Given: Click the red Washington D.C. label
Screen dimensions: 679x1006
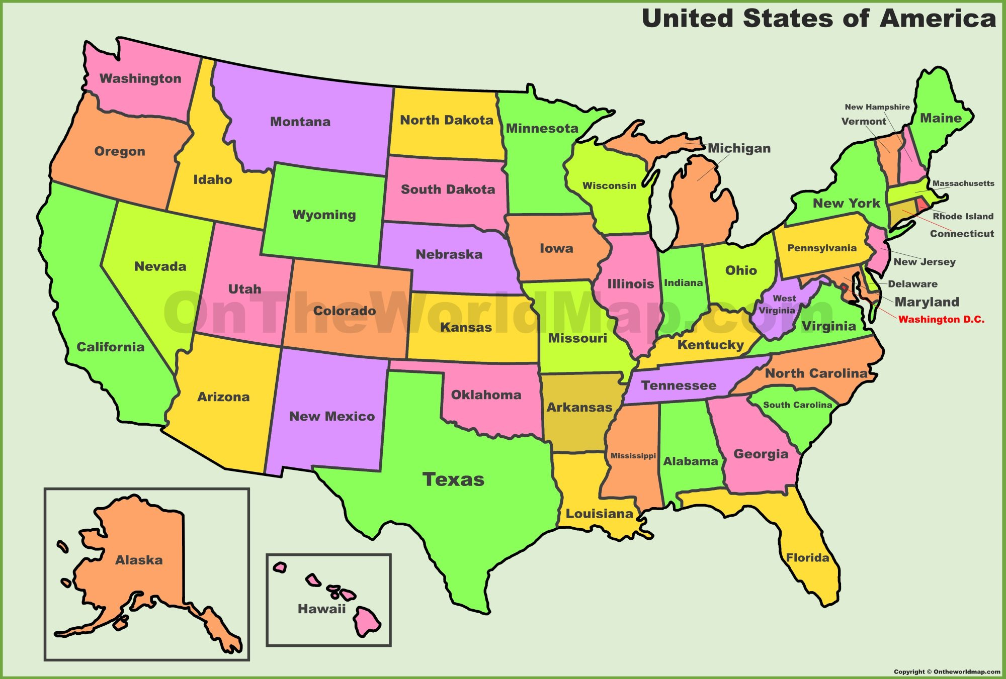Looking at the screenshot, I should pos(941,320).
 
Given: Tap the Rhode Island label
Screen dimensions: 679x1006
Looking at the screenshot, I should pos(963,217).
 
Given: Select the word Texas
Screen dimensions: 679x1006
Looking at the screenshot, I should pos(453,479).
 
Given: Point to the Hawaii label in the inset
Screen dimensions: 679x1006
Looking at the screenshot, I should pos(321,609).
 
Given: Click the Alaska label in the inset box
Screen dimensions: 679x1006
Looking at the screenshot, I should pos(139,560).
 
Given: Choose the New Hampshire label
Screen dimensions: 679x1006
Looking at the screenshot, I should pos(877,107).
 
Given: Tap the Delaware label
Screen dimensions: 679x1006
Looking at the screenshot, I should pos(912,284).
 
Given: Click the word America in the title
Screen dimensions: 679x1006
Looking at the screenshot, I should pos(938,19).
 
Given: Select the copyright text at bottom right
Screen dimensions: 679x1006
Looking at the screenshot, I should pos(947,671).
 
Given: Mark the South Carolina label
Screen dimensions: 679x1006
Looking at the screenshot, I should pos(797,405).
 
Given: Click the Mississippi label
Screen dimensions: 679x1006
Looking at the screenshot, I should pos(633,456).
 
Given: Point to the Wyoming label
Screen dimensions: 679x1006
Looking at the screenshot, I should pos(324,215).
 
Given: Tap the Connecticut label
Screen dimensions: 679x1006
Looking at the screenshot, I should pos(962,234).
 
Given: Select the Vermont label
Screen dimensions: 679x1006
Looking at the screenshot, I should pos(864,122).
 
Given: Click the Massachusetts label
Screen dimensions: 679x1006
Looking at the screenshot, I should pos(963,183).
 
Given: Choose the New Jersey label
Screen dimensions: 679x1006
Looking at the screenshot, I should pos(924,262).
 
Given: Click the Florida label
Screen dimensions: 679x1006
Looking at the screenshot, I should pos(807,558).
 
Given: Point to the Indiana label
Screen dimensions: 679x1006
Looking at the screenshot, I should pos(683,283).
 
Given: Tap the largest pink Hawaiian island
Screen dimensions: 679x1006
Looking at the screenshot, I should pos(367,621).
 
